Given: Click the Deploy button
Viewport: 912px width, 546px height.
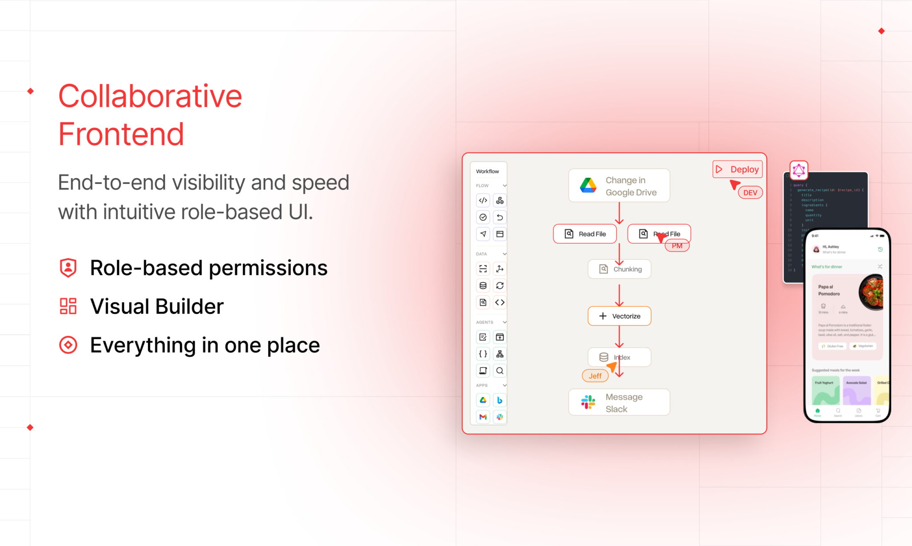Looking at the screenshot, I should point(737,169).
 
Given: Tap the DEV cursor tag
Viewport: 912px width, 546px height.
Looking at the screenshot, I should point(750,192).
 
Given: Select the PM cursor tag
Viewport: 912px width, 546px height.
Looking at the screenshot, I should point(677,246).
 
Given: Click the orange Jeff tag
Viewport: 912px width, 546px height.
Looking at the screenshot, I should point(595,376).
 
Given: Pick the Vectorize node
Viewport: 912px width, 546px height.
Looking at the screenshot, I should point(619,316).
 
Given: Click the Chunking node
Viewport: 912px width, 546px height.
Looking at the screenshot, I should point(619,269).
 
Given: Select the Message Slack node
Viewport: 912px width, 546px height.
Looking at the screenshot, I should point(619,403).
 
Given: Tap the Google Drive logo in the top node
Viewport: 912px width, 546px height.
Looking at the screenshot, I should point(588,185).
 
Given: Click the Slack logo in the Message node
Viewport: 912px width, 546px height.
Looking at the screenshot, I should point(588,402).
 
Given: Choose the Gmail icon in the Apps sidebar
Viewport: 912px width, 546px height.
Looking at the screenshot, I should point(483,417).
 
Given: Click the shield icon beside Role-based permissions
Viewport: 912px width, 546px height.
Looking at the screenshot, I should point(68,268).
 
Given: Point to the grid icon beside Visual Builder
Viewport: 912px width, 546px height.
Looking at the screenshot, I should point(68,306).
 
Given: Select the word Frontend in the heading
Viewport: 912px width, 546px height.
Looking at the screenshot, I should point(121,134).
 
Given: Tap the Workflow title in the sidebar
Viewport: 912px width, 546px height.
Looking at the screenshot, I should point(488,171).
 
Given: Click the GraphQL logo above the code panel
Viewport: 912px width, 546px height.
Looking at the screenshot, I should point(799,170).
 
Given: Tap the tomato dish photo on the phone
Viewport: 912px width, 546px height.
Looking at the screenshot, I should point(871,292).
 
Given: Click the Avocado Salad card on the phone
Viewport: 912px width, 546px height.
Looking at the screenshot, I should point(856,390).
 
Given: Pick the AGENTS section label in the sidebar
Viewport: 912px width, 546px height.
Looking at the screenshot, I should point(484,322).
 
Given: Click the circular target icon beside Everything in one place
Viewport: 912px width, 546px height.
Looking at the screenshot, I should point(68,345).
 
